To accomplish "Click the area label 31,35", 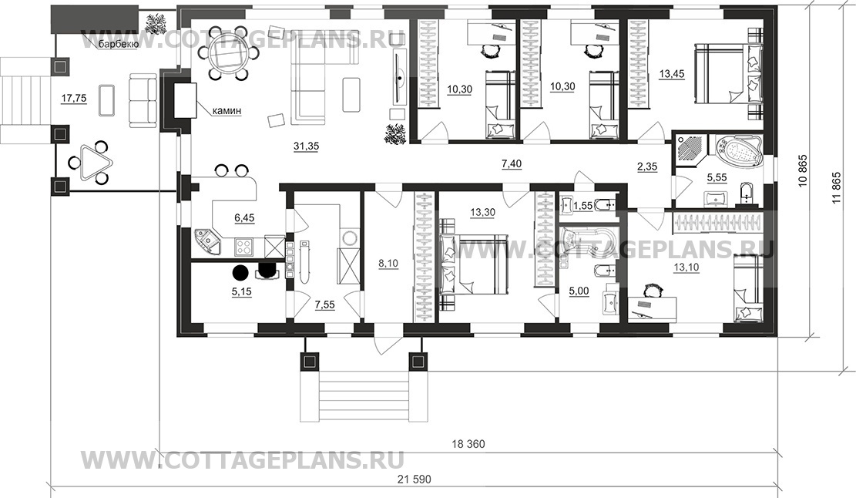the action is pos(306,146).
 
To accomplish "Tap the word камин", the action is pos(227,111).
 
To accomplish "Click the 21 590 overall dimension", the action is pos(415,479).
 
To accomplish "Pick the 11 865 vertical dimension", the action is pos(836,188).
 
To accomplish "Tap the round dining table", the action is pos(222,53).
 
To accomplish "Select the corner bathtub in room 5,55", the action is pos(737,151).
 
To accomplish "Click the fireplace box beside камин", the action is pos(184,100).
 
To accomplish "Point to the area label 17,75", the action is pos(74,99).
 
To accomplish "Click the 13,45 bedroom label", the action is pos(672,74).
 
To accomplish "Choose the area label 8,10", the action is pos(388,263).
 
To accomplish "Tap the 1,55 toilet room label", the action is pos(583,205).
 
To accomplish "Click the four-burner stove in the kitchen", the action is pos(243,247).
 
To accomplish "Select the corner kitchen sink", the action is pos(207,241).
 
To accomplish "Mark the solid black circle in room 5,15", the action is pos(240,271).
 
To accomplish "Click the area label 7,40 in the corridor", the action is pos(512,164).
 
